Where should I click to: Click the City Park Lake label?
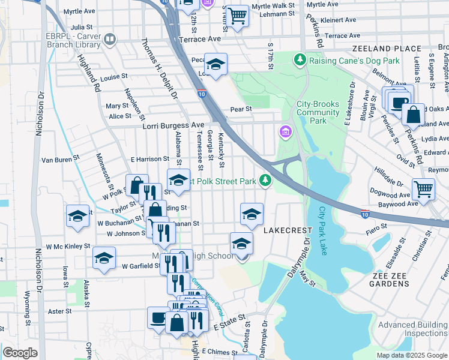coord(322,231)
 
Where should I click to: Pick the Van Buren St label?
coord(60,160)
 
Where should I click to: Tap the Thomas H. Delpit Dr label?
coord(159,68)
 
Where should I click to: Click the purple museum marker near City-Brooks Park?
coord(285,131)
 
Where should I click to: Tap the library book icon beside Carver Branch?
coord(110,40)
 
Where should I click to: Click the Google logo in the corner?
coord(20,353)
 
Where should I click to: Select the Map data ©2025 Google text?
coord(412,355)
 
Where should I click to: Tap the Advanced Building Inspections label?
coord(413,329)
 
